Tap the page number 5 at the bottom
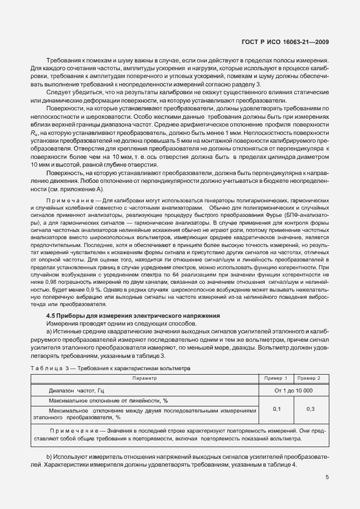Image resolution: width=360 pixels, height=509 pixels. [327, 477]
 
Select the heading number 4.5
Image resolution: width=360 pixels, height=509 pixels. [51, 317]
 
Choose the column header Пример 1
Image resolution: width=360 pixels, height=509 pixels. [276, 379]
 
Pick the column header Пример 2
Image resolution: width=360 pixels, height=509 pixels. [311, 379]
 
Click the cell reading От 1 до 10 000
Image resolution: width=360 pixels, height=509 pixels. [294, 390]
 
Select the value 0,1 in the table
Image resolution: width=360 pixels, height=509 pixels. [276, 409]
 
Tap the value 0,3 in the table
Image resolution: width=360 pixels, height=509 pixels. [311, 409]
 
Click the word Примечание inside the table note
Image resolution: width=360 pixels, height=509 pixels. [67, 431]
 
